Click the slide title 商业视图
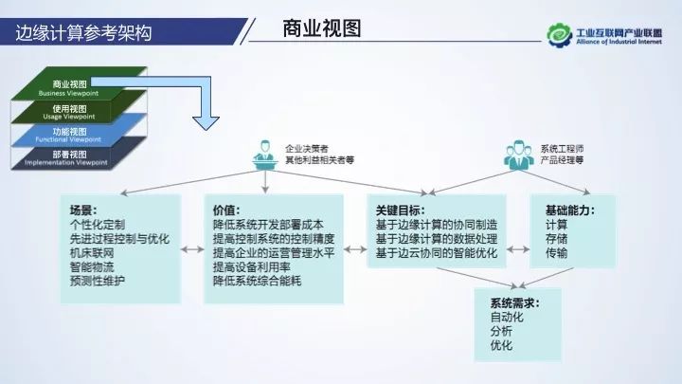pyautogui.click(x=322, y=27)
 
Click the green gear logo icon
pyautogui.click(x=560, y=33)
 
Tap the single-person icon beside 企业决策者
pyautogui.click(x=262, y=154)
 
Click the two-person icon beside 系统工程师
pyautogui.click(x=517, y=154)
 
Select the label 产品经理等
pyautogui.click(x=563, y=161)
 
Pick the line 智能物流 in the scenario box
pyautogui.click(x=97, y=268)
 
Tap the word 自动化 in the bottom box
pyautogui.click(x=507, y=318)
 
